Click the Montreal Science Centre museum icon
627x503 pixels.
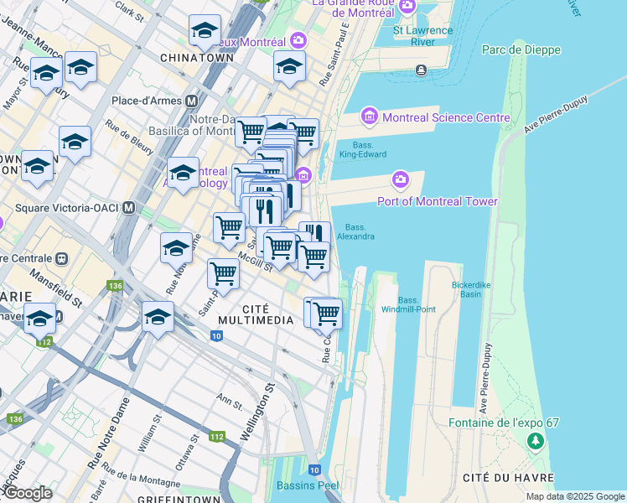click(x=369, y=117)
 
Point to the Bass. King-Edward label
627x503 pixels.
click(x=361, y=148)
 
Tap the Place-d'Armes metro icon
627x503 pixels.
click(x=192, y=101)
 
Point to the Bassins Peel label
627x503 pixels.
click(x=308, y=485)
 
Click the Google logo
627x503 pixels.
click(x=27, y=493)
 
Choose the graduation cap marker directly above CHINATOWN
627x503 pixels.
click(x=204, y=31)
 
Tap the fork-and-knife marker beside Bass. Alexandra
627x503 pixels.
click(x=314, y=236)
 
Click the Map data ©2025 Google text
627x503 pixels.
click(x=574, y=496)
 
